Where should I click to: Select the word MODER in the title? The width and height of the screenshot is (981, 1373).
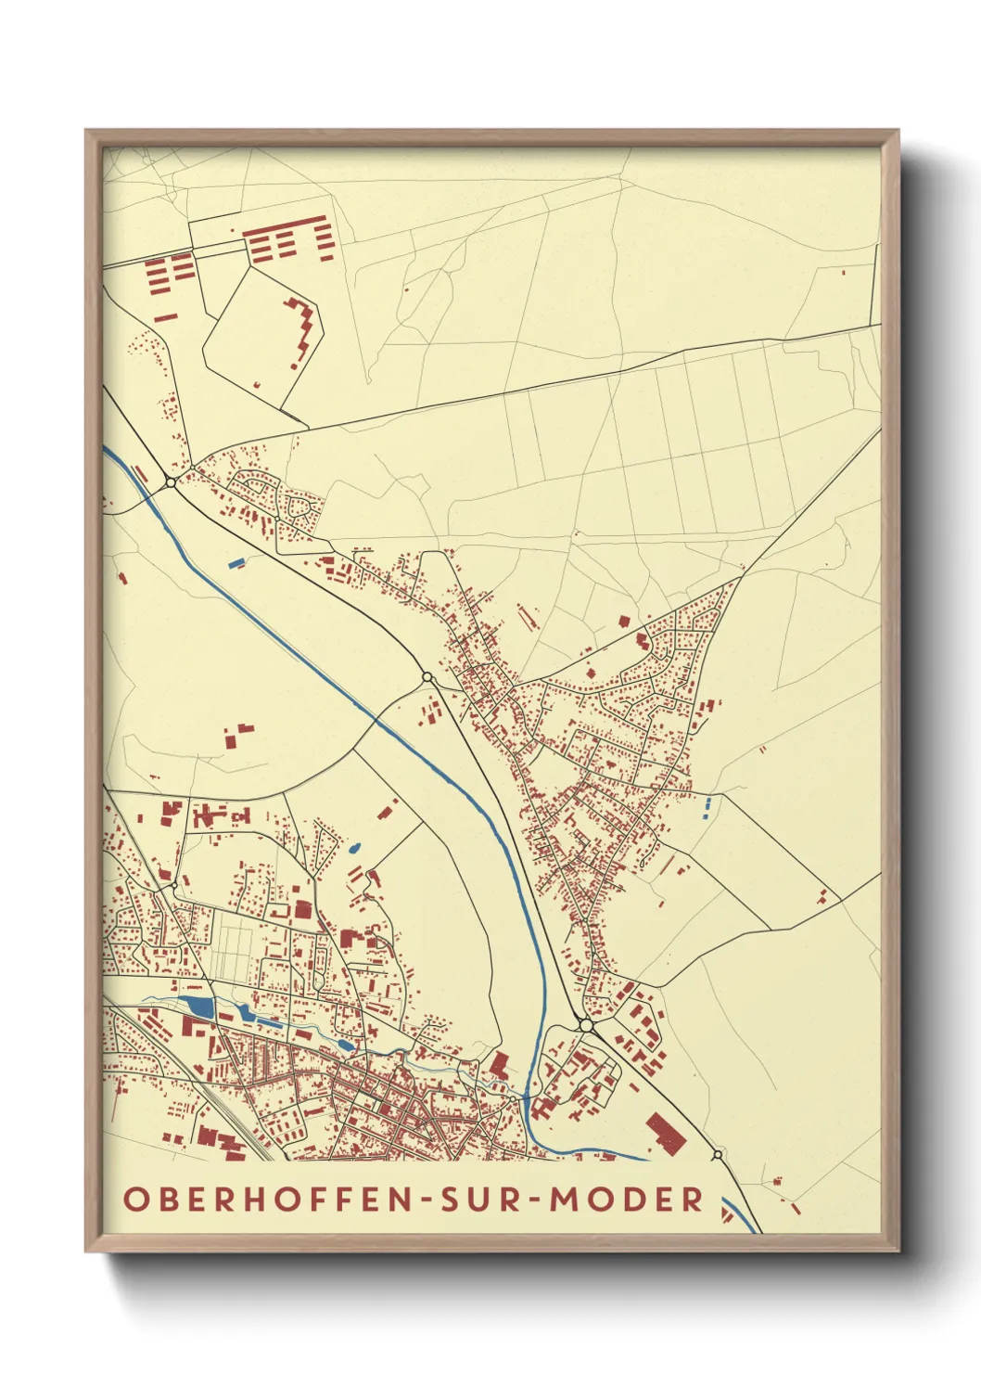(x=627, y=1199)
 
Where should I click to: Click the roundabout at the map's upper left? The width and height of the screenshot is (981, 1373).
(x=171, y=481)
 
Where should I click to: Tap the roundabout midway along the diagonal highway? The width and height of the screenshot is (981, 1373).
(x=427, y=678)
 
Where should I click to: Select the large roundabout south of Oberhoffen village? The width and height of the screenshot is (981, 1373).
(x=586, y=1024)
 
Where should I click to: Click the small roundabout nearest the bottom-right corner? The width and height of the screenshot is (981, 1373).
(x=718, y=1155)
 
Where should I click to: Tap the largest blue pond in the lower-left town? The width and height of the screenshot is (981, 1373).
(x=197, y=1007)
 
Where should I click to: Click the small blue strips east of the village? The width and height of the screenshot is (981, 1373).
(x=707, y=808)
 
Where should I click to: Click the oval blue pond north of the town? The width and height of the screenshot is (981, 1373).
(x=353, y=847)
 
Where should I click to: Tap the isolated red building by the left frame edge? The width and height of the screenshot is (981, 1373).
(x=121, y=577)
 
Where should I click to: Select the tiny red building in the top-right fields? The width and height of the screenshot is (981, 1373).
(x=843, y=272)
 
